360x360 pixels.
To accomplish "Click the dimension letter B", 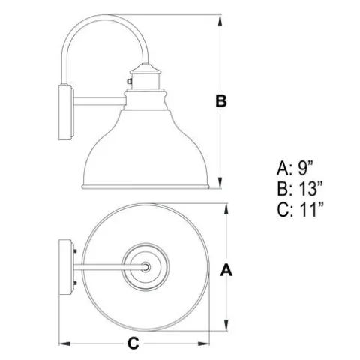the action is [221, 101].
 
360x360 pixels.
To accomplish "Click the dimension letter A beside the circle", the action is [226, 270].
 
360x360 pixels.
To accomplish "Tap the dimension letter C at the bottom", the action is [133, 343].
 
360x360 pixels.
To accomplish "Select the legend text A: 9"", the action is [295, 168].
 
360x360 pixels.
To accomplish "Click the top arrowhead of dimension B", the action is [220, 20].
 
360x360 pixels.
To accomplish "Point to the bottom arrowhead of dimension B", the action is [220, 183].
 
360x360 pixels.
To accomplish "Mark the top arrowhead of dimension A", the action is [226, 209].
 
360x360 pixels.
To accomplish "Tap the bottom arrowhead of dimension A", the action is [226, 325].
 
